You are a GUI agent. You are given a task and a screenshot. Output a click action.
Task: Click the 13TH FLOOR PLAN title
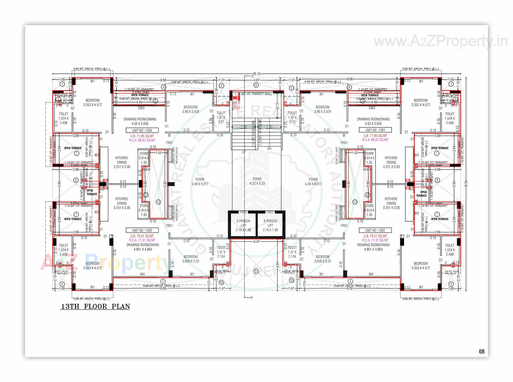95,306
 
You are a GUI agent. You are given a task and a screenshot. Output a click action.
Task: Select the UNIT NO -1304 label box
142,130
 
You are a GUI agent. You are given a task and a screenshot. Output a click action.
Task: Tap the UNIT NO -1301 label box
375,130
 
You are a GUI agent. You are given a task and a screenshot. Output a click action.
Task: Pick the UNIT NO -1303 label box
142,230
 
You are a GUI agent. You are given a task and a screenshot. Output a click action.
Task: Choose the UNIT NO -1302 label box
375,230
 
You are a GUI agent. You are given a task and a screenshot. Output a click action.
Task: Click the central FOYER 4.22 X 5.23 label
257,181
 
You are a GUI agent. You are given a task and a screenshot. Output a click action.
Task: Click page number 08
481,352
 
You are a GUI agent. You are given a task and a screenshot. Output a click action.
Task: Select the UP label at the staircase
244,152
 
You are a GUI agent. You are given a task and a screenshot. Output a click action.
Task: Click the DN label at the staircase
269,148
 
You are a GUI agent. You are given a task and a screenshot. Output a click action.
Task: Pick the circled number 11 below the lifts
256,271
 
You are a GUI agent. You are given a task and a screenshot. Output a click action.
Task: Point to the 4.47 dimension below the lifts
256,242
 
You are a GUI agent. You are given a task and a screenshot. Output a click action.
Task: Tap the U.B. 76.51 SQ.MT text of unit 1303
142,236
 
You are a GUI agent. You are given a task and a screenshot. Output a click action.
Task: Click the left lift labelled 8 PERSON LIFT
243,225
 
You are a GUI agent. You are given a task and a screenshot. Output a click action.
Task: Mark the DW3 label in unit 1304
141,108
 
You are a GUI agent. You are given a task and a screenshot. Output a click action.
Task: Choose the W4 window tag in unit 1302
371,274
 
